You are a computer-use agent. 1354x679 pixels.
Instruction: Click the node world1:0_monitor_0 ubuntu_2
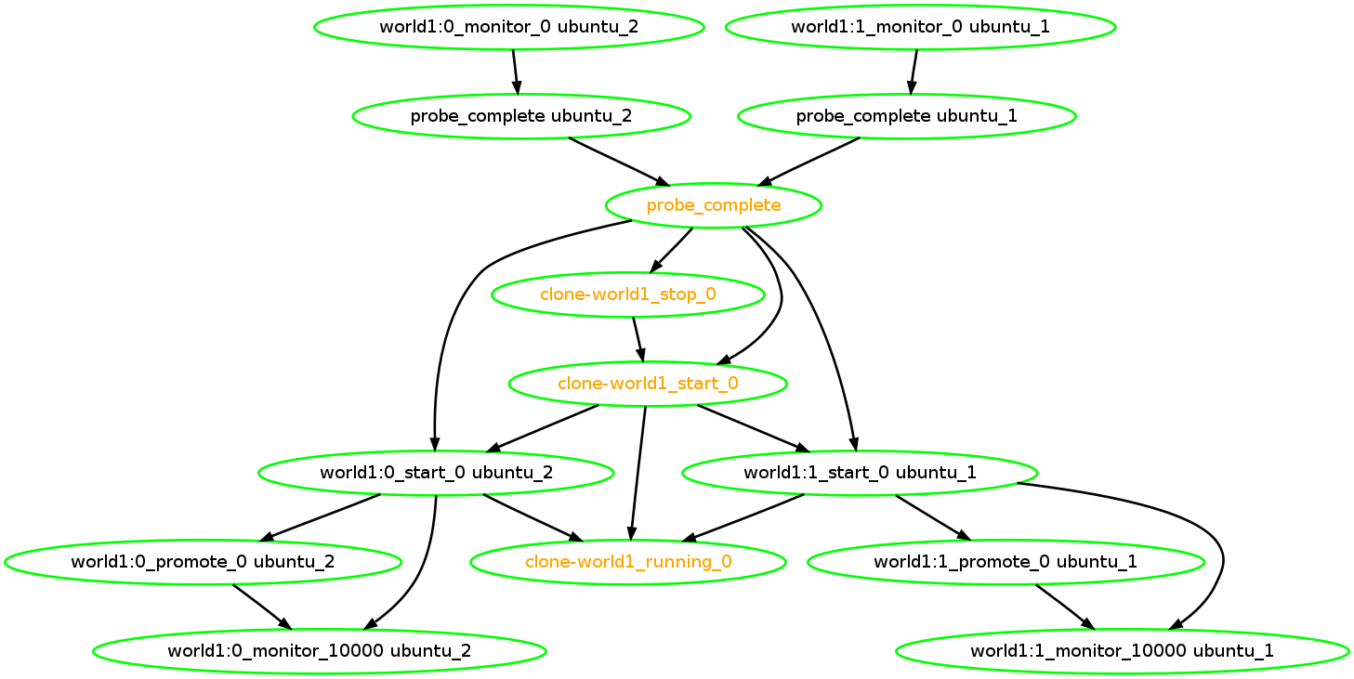508,26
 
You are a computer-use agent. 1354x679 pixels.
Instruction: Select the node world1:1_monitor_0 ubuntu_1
920,26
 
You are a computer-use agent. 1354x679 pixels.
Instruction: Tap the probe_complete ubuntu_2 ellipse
520,116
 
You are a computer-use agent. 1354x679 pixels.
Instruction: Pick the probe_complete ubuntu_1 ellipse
906,116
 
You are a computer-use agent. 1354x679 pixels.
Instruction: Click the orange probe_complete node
713,205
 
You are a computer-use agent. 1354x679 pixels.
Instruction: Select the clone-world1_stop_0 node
627,294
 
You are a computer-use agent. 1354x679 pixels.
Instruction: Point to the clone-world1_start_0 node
648,384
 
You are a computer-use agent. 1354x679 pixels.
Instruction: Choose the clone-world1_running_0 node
628,562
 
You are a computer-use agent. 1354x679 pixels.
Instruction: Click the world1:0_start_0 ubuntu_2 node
436,473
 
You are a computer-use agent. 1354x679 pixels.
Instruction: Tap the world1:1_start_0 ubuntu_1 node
860,473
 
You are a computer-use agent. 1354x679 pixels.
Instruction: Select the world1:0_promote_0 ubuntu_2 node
203,562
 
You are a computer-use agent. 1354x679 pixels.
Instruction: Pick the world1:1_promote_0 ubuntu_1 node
1006,562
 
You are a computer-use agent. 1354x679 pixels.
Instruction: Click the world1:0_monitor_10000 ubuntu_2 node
319,650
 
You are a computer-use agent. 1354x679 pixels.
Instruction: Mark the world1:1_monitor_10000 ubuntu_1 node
1122,650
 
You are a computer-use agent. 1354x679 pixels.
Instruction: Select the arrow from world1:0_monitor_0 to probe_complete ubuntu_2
515,71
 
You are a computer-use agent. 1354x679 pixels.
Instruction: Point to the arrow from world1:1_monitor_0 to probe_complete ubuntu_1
914,71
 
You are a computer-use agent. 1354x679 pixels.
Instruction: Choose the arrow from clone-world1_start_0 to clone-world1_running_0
638,473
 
